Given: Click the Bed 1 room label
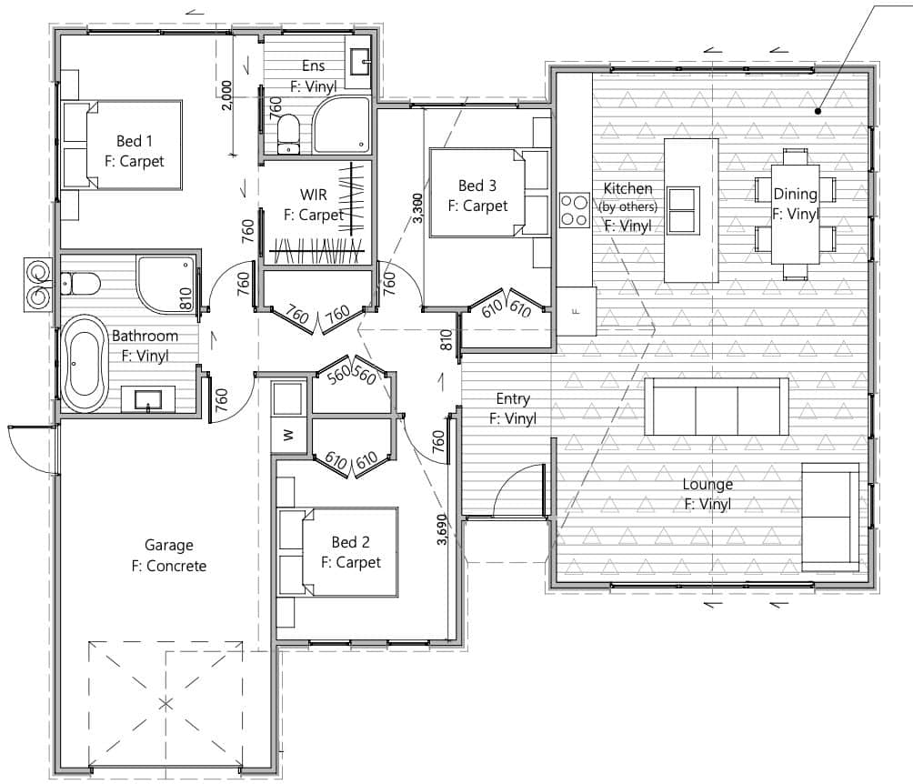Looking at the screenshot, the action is click(x=135, y=141).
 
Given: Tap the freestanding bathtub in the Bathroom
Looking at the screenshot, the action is click(x=85, y=364).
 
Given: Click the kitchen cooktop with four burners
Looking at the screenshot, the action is click(x=574, y=210).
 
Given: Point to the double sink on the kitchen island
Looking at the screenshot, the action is click(x=683, y=210).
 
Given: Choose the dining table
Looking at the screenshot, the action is click(x=796, y=215).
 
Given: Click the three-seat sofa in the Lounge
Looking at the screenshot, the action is click(x=717, y=407).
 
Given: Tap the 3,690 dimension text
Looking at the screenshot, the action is click(x=442, y=529).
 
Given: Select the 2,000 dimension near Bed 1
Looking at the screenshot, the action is click(x=227, y=95).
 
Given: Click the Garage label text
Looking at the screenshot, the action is click(x=169, y=545).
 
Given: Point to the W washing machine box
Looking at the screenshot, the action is click(x=289, y=435).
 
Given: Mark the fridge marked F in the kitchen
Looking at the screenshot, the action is click(x=576, y=311).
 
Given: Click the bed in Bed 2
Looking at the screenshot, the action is click(x=338, y=552).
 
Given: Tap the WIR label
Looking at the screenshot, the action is click(x=313, y=195).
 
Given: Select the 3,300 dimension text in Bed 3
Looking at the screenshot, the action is click(x=417, y=208).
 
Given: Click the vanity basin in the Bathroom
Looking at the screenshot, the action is click(x=148, y=399).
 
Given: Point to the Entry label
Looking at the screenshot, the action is click(x=513, y=399).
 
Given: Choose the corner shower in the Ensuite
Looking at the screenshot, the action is click(x=342, y=126).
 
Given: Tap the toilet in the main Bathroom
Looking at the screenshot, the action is click(x=80, y=284).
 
